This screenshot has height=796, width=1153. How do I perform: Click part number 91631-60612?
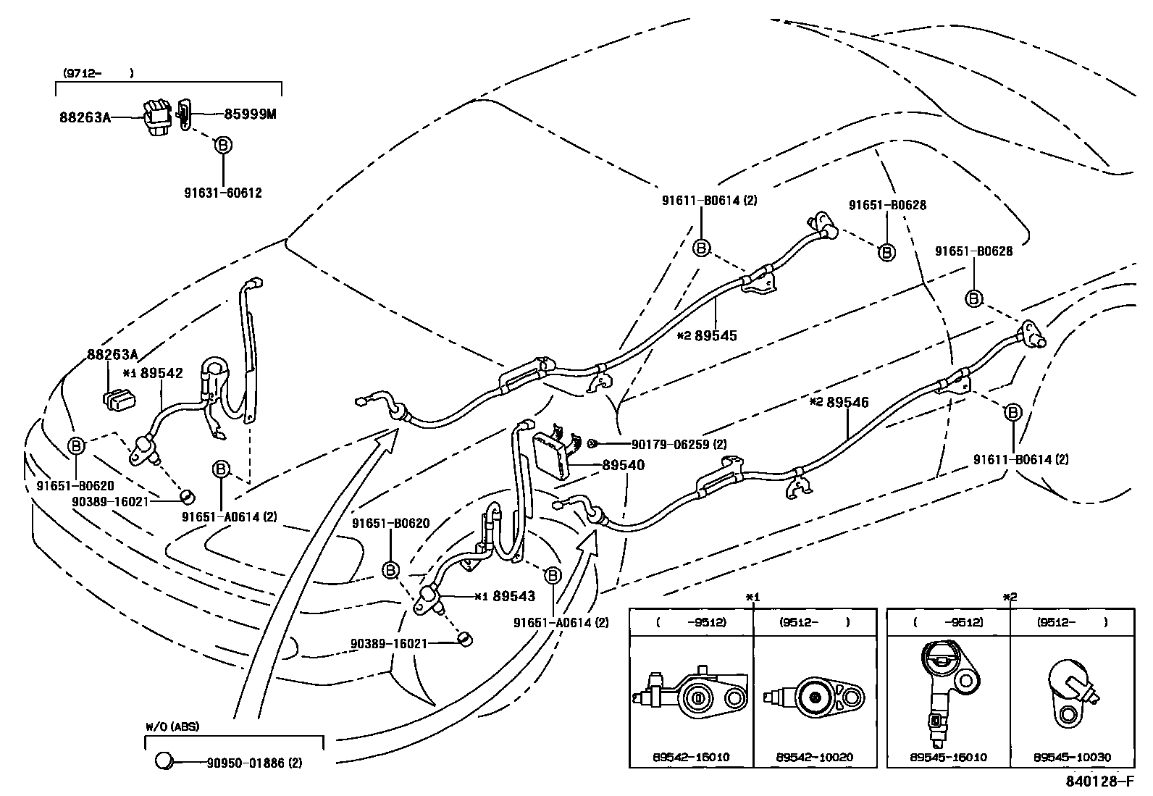coord(222,193)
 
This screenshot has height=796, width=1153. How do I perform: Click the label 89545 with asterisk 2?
coord(715,335)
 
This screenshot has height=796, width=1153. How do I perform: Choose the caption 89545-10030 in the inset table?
coord(1072,757)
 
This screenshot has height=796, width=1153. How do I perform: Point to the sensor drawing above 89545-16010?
coord(945,684)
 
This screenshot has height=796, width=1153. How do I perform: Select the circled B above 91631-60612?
coord(223,145)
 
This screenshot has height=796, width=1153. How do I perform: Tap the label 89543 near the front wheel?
coord(513,596)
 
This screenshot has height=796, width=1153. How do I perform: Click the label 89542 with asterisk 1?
coord(162,373)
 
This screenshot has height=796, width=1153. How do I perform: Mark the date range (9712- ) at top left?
coord(98,73)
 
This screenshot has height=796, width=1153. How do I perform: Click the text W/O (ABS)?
coord(172,726)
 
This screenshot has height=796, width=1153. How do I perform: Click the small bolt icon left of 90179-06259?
coord(592,443)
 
